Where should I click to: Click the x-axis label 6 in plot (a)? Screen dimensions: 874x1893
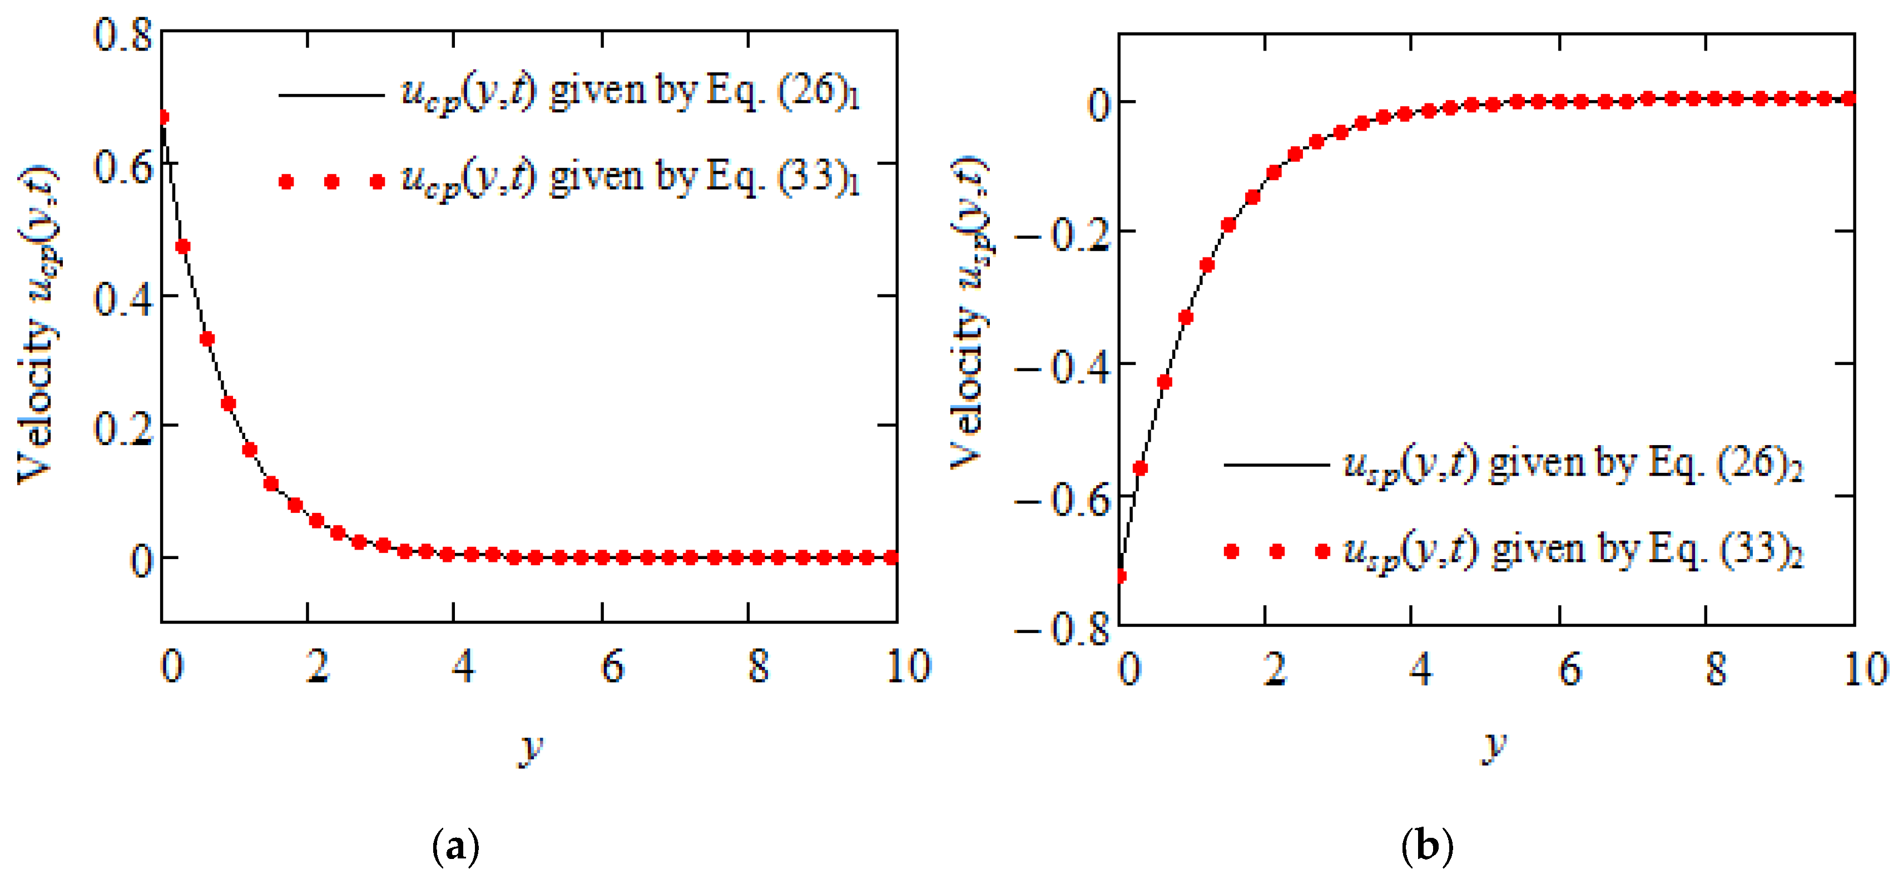612,666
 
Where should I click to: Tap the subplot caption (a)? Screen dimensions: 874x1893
455,847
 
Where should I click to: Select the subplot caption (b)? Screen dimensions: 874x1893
1426,847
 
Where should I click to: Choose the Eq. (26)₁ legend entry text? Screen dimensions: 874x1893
631,94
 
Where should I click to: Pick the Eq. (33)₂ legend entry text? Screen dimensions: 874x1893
1573,552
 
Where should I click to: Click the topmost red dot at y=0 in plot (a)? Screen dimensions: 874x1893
162,117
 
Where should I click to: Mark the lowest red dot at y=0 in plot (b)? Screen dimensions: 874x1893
1120,576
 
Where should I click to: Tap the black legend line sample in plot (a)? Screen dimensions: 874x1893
331,95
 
